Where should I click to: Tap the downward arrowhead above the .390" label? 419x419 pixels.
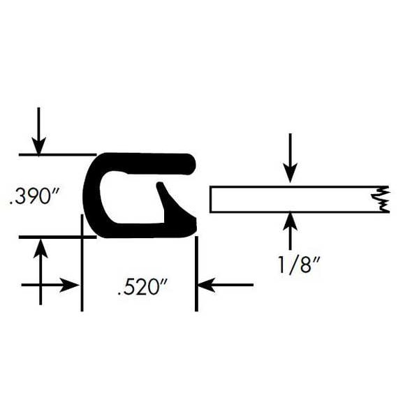(x=38, y=146)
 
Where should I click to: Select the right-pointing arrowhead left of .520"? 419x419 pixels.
(x=69, y=285)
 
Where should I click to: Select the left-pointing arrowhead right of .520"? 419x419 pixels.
(x=206, y=285)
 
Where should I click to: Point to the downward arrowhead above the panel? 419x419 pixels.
(x=291, y=174)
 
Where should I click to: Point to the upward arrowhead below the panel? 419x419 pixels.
(x=291, y=221)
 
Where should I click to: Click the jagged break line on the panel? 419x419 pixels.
(x=381, y=199)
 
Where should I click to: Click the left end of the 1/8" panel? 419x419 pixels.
(x=211, y=199)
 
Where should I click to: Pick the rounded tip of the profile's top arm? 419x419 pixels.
(x=191, y=164)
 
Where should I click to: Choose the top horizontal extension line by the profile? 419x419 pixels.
(x=57, y=154)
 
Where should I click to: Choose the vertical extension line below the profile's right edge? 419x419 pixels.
(x=196, y=274)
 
